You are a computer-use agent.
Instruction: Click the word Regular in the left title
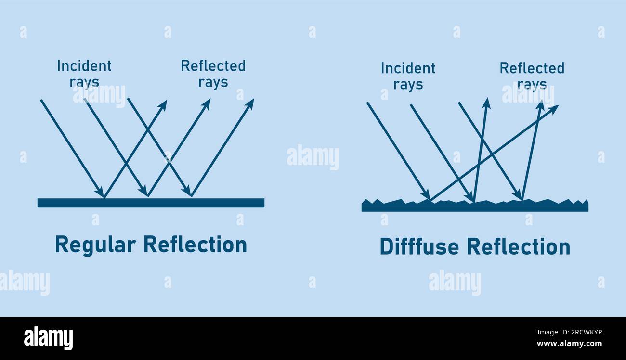click(95, 245)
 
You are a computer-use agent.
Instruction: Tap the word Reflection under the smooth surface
click(196, 244)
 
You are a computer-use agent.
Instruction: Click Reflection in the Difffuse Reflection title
click(519, 246)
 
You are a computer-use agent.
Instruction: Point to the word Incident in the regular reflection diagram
click(84, 66)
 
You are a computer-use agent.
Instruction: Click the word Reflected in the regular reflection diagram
click(213, 66)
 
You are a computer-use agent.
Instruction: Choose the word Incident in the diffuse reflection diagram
click(408, 68)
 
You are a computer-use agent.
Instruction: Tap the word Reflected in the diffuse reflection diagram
click(532, 68)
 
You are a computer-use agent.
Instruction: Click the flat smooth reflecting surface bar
click(151, 203)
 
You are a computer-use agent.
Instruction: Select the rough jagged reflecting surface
click(475, 206)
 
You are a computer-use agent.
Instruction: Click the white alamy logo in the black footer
click(48, 338)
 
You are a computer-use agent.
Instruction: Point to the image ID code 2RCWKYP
click(586, 332)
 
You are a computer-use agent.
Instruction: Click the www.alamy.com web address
click(569, 343)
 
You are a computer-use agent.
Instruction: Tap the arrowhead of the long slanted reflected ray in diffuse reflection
click(553, 109)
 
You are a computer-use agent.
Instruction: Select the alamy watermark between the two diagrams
click(313, 157)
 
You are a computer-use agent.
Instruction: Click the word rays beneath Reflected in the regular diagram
click(213, 82)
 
